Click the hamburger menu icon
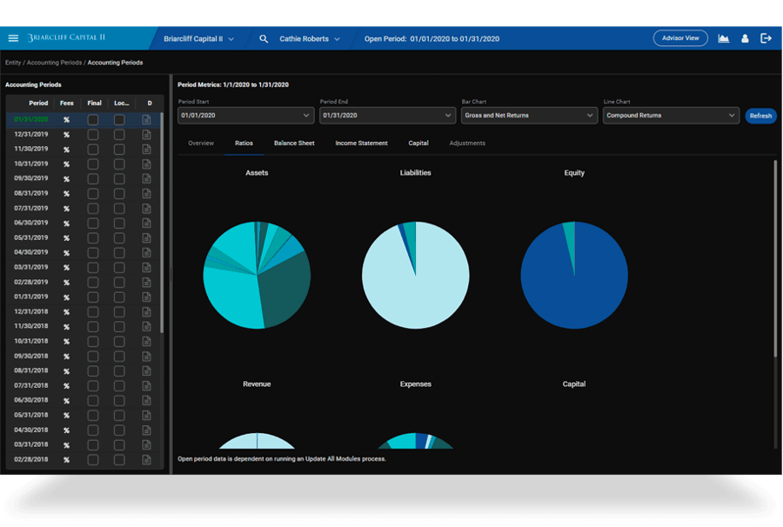tap(13, 38)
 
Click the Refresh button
tap(760, 116)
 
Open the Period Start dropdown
tap(245, 115)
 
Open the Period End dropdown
tap(387, 115)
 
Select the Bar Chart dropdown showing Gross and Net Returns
tap(528, 115)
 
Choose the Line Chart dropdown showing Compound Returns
tap(671, 115)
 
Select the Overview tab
tap(201, 143)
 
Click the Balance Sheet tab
tap(294, 143)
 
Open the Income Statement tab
tap(361, 143)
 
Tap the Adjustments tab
tap(467, 143)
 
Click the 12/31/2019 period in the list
tap(30, 134)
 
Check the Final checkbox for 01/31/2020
tap(93, 120)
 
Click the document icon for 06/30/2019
tap(147, 223)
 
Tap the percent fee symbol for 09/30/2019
tap(66, 178)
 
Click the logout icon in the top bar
tap(766, 38)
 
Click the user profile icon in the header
tap(745, 38)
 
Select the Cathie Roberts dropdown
tap(309, 38)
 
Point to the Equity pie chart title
tap(574, 172)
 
